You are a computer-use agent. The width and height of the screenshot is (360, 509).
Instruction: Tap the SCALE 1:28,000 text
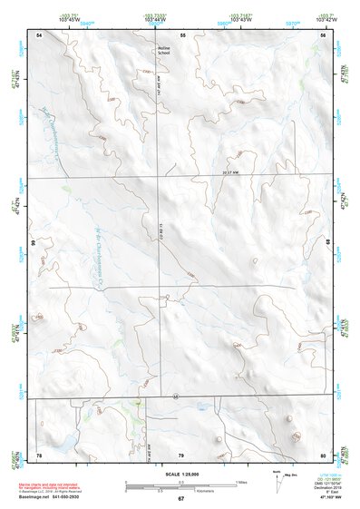click(180, 475)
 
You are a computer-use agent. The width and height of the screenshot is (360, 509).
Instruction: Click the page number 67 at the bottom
click(180, 499)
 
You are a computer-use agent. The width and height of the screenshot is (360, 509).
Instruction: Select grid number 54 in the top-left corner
click(39, 34)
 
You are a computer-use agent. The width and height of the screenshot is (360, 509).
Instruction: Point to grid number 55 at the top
click(182, 34)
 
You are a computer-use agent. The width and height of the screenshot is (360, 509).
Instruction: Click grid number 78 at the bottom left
click(39, 454)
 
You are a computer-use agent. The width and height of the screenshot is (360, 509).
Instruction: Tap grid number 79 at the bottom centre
click(181, 454)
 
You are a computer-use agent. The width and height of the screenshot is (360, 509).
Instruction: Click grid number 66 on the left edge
click(32, 243)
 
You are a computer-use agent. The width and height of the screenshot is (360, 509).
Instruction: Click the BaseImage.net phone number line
click(47, 497)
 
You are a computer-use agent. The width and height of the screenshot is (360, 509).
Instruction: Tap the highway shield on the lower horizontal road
click(173, 396)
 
